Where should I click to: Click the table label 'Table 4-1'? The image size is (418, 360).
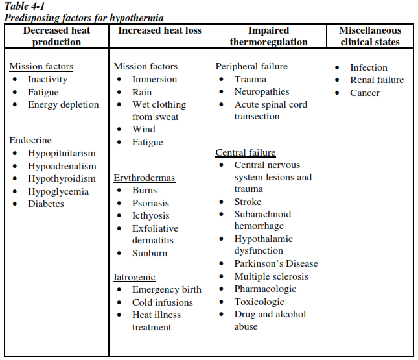point(24,6)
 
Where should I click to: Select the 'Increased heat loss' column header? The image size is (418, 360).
point(159,30)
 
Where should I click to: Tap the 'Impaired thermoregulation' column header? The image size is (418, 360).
point(268,36)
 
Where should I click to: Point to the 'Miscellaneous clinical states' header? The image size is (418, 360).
point(370,36)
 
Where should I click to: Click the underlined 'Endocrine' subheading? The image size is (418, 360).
point(30,141)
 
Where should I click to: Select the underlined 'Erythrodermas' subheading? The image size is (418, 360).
point(144,178)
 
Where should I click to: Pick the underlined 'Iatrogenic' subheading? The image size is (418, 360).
point(134,278)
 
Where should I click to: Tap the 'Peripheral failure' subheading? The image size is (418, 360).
point(251,67)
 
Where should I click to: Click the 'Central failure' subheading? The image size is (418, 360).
point(246,153)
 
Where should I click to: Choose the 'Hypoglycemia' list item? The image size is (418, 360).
point(58,191)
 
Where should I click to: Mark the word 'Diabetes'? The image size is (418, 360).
point(46,204)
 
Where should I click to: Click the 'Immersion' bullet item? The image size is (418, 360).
point(154,79)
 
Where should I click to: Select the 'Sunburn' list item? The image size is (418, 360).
point(150,253)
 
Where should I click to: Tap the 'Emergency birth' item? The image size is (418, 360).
point(167,290)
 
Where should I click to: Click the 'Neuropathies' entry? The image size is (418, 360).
point(262,91)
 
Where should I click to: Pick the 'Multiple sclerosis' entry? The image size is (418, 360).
point(271,276)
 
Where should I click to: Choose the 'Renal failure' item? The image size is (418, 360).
point(377,80)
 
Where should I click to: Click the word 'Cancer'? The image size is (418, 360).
point(365,93)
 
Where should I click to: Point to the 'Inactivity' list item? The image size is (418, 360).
point(47,79)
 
